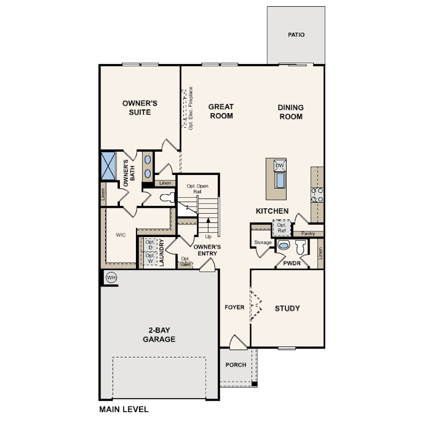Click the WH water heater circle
point(111,277)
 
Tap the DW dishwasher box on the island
point(280,166)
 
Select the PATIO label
point(296,35)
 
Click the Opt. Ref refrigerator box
point(281,228)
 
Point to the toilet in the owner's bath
point(167,197)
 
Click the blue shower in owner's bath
point(108,166)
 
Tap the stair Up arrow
point(208,226)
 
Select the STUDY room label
point(287,308)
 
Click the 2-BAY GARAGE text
point(159,334)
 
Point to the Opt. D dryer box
point(150,244)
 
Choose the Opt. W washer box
point(150,258)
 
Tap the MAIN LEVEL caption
point(124,409)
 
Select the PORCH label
point(236,365)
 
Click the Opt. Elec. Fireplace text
point(191,108)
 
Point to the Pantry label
point(308,233)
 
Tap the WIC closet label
point(120,235)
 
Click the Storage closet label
point(263,242)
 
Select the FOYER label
point(234,307)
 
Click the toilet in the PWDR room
point(301,247)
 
